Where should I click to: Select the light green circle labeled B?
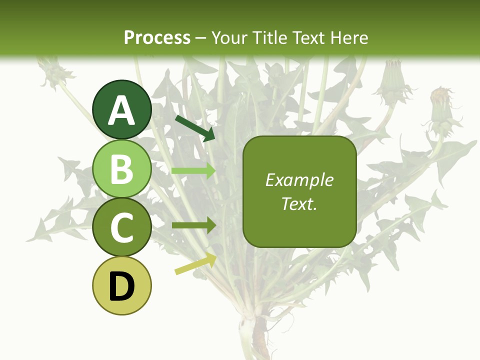[x=122, y=169]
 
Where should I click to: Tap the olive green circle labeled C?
[x=122, y=227]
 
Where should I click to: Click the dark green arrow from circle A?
[x=195, y=127]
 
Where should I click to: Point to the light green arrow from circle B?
[x=193, y=170]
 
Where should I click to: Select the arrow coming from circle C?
[x=193, y=225]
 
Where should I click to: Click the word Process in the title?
[x=157, y=37]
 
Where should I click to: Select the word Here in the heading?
[x=349, y=37]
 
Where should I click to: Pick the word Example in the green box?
[x=299, y=180]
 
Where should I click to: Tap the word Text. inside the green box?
[x=299, y=203]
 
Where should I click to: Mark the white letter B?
[x=122, y=169]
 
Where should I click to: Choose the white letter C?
[x=122, y=227]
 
